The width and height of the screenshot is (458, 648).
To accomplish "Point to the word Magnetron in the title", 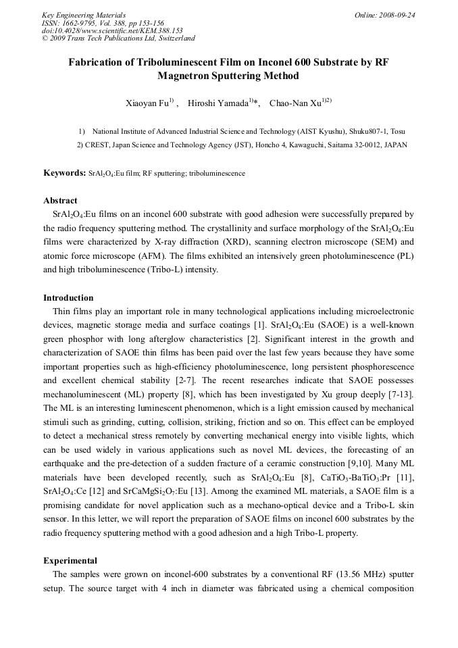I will (x=188, y=76).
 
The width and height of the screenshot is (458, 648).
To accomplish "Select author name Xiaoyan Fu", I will (x=147, y=103).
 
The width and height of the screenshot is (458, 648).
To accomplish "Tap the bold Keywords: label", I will (x=64, y=173).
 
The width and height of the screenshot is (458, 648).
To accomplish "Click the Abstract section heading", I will (x=60, y=201).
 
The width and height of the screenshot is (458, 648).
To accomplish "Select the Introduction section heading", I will (x=68, y=298).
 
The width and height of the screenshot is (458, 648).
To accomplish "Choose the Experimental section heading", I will (x=70, y=561).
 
